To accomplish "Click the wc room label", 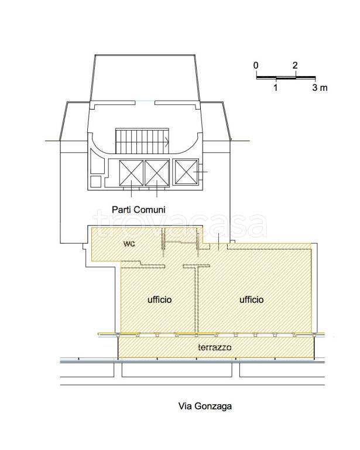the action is (129, 244).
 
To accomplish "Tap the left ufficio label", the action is (159, 299).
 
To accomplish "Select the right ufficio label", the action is (251, 299).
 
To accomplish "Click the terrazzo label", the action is (215, 347).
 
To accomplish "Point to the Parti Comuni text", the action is (139, 210).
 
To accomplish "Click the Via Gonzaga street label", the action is (205, 407).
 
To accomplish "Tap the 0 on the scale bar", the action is (256, 66).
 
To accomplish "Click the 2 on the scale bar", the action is (295, 66).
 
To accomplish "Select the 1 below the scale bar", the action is (276, 87).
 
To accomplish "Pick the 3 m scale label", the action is (320, 87).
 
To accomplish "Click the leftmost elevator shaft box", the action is (131, 173).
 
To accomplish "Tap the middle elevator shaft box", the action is (157, 173).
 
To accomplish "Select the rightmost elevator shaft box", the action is (186, 172).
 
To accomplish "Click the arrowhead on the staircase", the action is (167, 141).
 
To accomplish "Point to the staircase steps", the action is (142, 141).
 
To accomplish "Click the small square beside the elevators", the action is (96, 182).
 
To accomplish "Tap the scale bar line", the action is (286, 77).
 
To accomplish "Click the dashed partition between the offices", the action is (197, 299).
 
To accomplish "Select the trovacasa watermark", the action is (180, 225).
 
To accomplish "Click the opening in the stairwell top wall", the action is (145, 101).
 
